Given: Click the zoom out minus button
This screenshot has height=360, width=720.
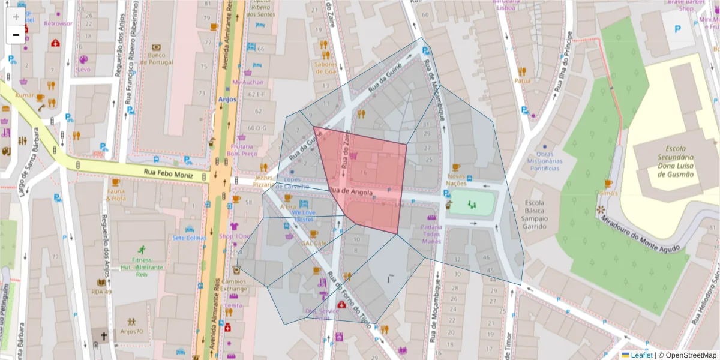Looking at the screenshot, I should (x=16, y=35).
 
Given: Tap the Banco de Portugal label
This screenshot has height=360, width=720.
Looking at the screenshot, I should (x=156, y=58).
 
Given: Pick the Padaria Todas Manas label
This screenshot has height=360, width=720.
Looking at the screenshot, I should (x=431, y=234).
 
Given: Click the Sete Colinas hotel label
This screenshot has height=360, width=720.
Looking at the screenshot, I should (x=189, y=238).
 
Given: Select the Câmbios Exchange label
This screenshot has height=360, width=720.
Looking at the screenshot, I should (x=233, y=285).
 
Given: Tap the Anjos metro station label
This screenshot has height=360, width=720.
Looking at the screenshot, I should (x=227, y=100).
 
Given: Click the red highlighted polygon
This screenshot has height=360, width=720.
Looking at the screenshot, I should (x=366, y=174).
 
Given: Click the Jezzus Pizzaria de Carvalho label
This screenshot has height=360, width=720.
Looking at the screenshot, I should (x=281, y=182).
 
